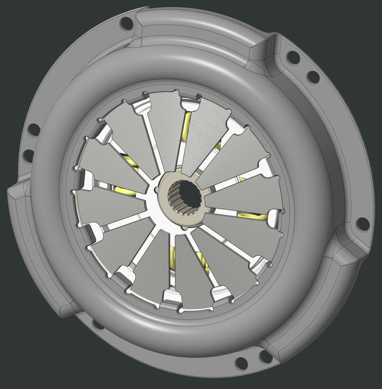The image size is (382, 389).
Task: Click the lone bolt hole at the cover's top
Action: (x=127, y=24)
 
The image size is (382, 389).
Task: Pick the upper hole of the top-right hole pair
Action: (x=293, y=58)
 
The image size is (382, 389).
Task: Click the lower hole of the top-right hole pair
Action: (x=313, y=77)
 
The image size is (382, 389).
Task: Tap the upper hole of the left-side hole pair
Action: (x=34, y=129)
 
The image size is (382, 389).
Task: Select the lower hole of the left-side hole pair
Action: (x=29, y=156)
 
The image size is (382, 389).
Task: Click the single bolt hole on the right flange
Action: (x=363, y=224)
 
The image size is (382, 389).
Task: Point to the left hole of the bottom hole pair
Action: (x=241, y=363)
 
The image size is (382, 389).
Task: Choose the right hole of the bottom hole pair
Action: (x=266, y=356)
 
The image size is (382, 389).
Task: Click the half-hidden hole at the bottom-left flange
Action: (x=98, y=324)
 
